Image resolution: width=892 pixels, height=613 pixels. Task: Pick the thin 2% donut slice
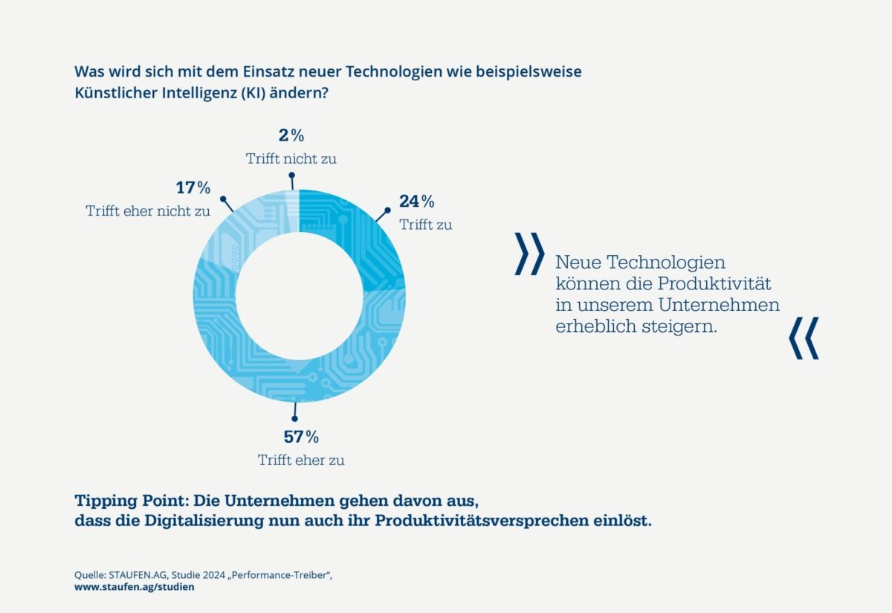293,205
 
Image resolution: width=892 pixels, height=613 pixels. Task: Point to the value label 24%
416,202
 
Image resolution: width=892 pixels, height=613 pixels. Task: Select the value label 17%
193,188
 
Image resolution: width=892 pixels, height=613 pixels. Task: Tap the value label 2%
291,135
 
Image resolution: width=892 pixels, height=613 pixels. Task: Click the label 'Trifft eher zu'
301,460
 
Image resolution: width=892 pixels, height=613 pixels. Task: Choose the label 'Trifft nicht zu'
286,158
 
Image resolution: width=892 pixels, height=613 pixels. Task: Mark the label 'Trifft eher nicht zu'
148,211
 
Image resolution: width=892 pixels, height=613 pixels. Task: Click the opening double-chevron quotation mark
529,254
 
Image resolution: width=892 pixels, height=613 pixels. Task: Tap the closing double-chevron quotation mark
804,338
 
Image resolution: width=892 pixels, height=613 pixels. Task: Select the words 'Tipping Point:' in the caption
126,499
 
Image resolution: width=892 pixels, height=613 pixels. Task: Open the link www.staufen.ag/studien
134,587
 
